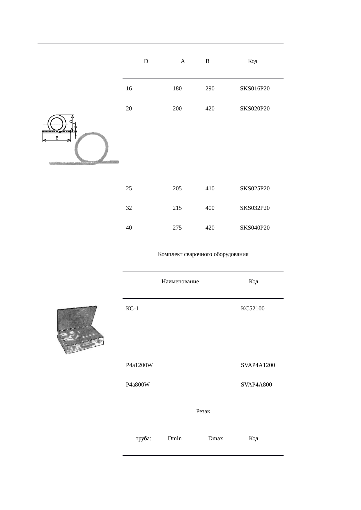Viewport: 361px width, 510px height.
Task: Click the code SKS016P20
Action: click(x=255, y=89)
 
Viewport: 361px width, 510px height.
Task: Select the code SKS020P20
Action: click(x=255, y=109)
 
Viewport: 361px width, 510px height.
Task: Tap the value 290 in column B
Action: click(x=210, y=89)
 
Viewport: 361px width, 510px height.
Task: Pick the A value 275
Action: click(x=177, y=228)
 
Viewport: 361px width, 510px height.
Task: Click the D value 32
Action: click(x=129, y=208)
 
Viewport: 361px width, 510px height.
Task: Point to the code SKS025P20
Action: click(x=255, y=189)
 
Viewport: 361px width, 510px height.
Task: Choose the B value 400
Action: click(x=210, y=208)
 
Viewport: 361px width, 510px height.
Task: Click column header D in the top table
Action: click(x=146, y=61)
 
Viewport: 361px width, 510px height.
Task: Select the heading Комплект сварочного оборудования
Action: click(x=203, y=254)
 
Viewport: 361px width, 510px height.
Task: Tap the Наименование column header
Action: click(x=180, y=282)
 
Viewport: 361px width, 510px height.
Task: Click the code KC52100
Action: click(x=253, y=309)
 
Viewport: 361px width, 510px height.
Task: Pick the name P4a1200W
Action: click(x=139, y=365)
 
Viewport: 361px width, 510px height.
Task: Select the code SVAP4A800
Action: click(x=256, y=385)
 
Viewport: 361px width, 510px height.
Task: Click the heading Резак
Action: click(x=203, y=411)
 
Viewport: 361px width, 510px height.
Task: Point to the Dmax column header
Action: click(x=215, y=439)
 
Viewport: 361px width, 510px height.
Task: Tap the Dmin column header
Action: click(x=175, y=439)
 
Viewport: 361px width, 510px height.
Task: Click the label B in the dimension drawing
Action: click(x=57, y=138)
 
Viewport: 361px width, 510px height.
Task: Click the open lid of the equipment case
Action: click(x=77, y=318)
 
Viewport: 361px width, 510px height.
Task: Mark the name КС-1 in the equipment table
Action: click(x=132, y=309)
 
